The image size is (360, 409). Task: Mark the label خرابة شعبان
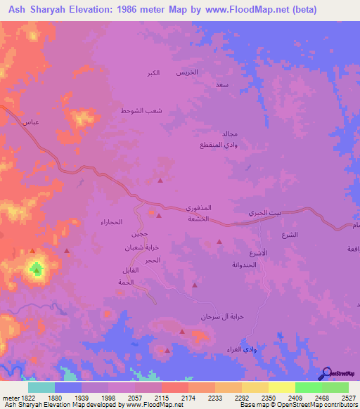pyautogui.click(x=139, y=248)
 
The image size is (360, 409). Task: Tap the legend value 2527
pyautogui.click(x=349, y=398)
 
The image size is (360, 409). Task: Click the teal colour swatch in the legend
pyautogui.click(x=41, y=387)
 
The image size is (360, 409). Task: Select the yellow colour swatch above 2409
pyautogui.click(x=281, y=387)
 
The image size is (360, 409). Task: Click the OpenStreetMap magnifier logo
pyautogui.click(x=326, y=373)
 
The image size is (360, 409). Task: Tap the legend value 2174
pyautogui.click(x=189, y=398)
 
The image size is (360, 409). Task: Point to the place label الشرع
pyautogui.click(x=290, y=234)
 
